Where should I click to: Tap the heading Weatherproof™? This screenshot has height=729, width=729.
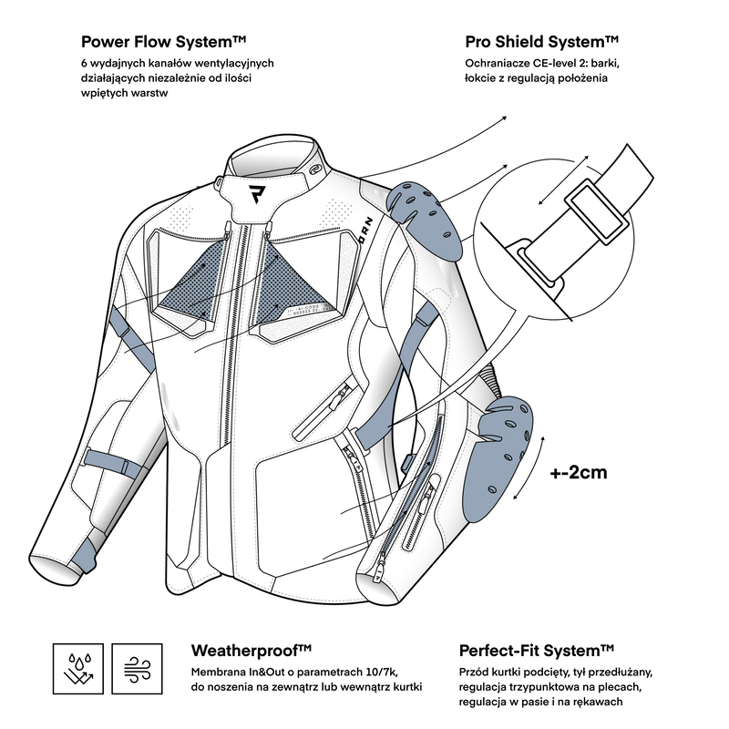(x=252, y=651)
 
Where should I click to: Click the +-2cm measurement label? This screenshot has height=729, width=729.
(x=578, y=473)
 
